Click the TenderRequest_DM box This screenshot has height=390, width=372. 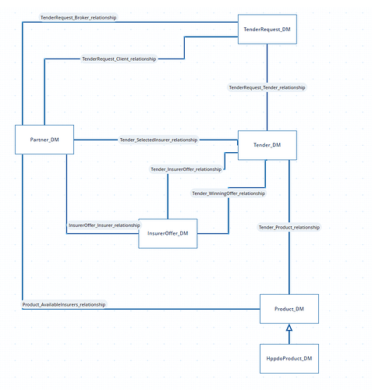pyautogui.click(x=267, y=29)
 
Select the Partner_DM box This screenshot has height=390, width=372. pyautogui.click(x=44, y=140)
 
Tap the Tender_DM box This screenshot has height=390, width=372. pyautogui.click(x=267, y=145)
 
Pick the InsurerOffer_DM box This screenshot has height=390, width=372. pyautogui.click(x=168, y=233)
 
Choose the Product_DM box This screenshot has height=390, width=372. pyautogui.click(x=289, y=309)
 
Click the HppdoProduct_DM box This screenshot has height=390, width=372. pyautogui.click(x=289, y=359)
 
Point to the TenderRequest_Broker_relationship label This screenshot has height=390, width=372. pyautogui.click(x=78, y=18)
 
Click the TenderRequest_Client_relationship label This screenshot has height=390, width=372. pyautogui.click(x=119, y=59)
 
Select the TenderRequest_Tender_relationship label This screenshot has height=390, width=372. pyautogui.click(x=267, y=87)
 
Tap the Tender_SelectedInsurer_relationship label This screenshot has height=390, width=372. pyautogui.click(x=158, y=140)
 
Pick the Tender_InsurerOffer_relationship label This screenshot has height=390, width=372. pyautogui.click(x=186, y=169)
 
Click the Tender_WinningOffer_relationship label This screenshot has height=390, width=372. pyautogui.click(x=229, y=193)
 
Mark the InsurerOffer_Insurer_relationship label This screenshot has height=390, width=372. pyautogui.click(x=105, y=225)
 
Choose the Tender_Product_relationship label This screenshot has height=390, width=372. pyautogui.click(x=289, y=227)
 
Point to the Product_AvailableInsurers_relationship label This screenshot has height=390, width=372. pyautogui.click(x=64, y=304)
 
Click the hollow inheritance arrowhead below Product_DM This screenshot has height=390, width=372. pyautogui.click(x=289, y=328)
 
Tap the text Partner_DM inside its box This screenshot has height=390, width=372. pyautogui.click(x=44, y=140)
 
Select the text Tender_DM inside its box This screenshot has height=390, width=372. pyautogui.click(x=267, y=145)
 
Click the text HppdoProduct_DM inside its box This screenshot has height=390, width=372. pyautogui.click(x=289, y=359)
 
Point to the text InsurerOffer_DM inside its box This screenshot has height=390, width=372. pyautogui.click(x=168, y=233)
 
